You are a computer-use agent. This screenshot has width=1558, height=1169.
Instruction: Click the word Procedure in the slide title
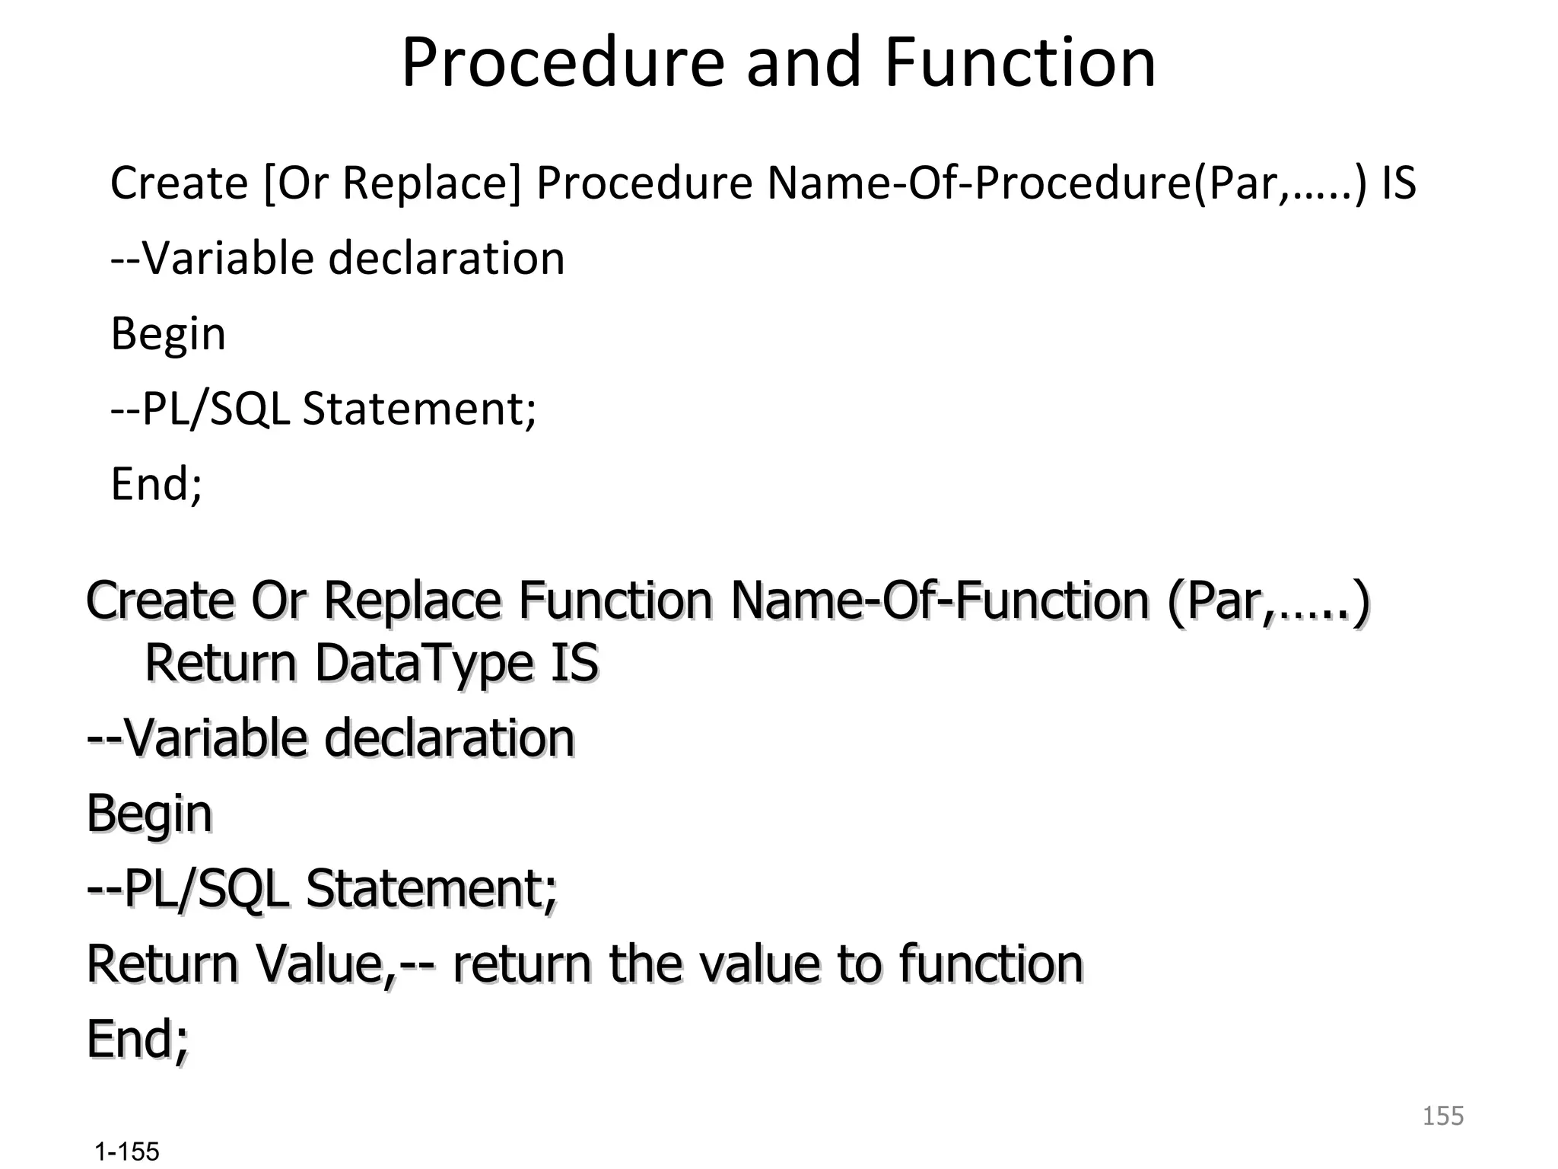tap(563, 62)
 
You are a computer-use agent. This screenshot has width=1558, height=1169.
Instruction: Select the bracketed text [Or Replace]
tap(392, 184)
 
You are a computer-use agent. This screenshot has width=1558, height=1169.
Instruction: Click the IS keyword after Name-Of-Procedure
tap(1398, 184)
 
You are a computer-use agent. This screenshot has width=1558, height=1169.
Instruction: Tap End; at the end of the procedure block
tap(157, 484)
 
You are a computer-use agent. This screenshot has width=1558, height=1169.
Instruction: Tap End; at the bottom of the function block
tap(138, 1040)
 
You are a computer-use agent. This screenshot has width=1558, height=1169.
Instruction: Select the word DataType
tap(425, 664)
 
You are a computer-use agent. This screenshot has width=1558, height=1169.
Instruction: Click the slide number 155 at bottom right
tap(1442, 1116)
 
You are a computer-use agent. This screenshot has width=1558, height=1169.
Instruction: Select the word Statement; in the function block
tap(431, 889)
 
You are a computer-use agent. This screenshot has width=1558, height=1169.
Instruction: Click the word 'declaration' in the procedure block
tap(447, 259)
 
